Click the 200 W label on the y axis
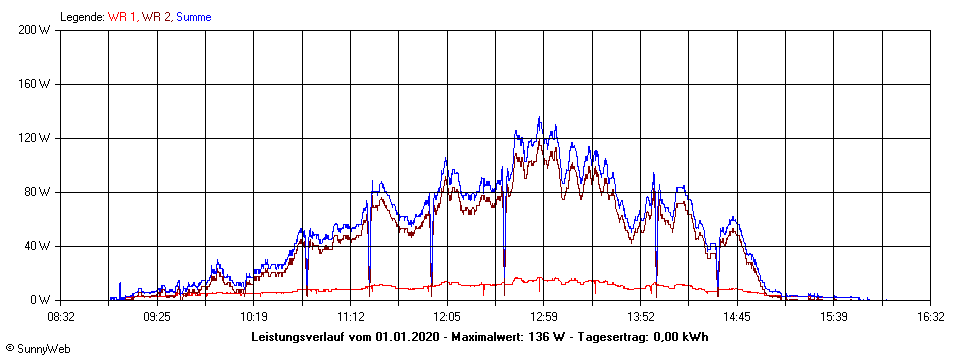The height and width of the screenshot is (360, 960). (35, 30)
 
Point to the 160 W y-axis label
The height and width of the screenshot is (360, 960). (35, 84)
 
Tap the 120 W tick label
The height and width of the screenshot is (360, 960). (35, 138)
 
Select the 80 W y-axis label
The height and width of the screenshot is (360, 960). (38, 192)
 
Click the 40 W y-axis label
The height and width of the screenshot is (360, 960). (38, 246)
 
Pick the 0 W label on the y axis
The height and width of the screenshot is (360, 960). (41, 300)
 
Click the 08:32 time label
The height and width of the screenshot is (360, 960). (60, 316)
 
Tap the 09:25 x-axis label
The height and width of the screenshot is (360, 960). (157, 316)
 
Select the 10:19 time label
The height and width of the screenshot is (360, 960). (254, 316)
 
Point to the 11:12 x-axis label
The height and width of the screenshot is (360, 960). (350, 316)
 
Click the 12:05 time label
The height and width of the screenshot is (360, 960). (447, 316)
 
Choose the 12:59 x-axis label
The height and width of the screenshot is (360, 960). (543, 316)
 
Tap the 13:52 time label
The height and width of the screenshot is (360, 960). (640, 316)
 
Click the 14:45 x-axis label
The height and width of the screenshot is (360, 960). (737, 316)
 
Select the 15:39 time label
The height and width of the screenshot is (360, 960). (833, 316)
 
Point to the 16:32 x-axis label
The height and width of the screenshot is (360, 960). (930, 316)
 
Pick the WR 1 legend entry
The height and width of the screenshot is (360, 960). (123, 16)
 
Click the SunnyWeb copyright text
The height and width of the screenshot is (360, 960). (36, 349)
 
